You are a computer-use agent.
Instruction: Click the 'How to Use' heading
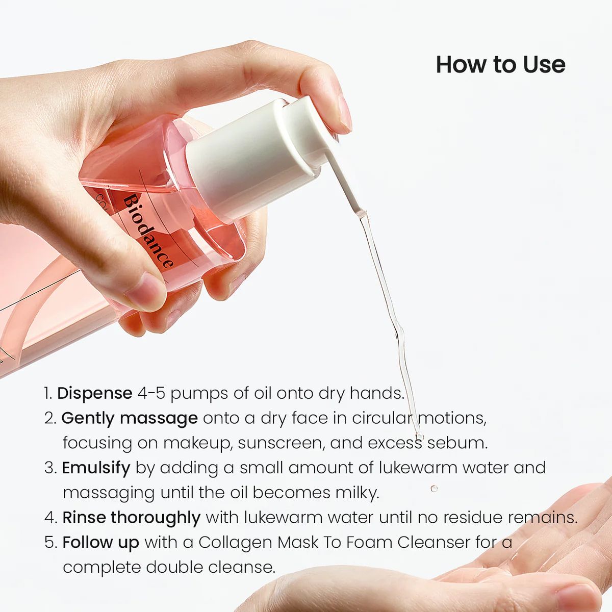pos(500,65)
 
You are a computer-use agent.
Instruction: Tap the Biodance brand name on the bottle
pos(148,231)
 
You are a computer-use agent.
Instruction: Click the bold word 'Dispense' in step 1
pos(95,393)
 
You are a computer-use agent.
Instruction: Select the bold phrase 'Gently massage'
pos(130,418)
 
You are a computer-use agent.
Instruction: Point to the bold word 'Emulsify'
pos(96,468)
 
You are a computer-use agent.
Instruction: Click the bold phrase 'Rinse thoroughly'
pos(131,518)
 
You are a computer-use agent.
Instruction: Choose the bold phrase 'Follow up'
pos(100,542)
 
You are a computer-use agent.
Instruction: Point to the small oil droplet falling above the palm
pos(434,488)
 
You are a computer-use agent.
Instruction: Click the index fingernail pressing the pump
pos(345,113)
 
